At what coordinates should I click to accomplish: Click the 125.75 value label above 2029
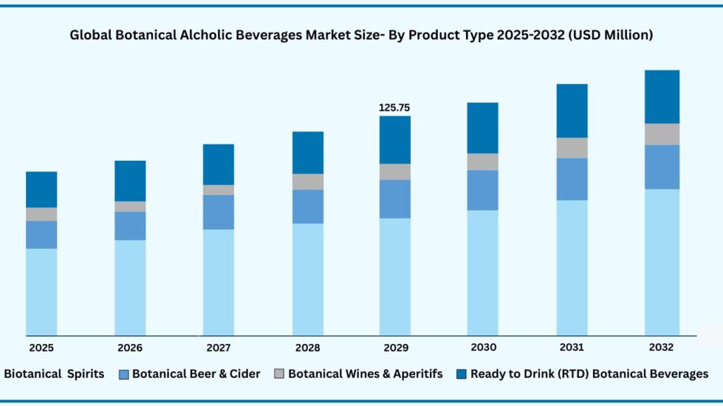395,108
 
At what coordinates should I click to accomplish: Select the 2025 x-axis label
42,347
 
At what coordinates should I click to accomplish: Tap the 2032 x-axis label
661,347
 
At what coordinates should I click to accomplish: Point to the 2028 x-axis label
307,347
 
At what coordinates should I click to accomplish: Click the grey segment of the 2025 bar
42,214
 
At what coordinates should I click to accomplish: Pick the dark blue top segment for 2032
662,97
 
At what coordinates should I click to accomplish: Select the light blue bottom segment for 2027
218,282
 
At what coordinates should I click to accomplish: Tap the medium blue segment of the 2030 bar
483,190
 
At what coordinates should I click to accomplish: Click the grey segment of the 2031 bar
572,147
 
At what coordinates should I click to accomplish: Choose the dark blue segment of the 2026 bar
130,180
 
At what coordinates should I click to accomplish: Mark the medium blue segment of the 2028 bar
308,206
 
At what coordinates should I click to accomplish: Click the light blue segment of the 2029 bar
395,276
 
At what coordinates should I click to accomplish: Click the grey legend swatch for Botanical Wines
279,374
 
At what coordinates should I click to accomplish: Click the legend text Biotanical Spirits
54,374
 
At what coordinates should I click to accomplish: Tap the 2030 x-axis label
484,347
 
